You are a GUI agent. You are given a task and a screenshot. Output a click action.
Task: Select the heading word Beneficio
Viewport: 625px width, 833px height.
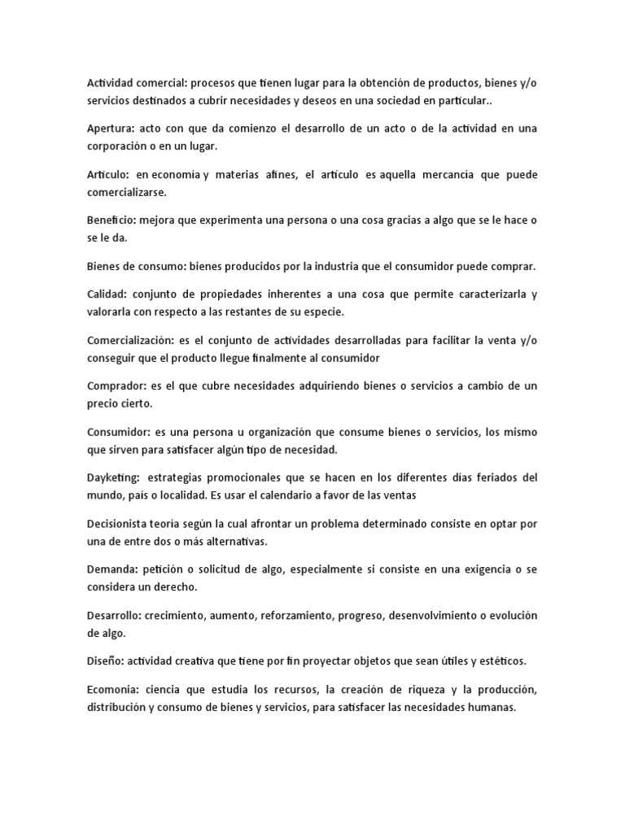click(x=111, y=220)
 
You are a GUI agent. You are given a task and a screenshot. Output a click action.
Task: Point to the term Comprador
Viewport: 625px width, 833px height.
click(x=116, y=385)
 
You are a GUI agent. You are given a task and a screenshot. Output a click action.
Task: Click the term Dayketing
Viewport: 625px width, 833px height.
click(x=113, y=477)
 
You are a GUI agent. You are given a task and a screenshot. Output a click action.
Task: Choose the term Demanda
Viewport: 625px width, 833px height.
click(x=111, y=569)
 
